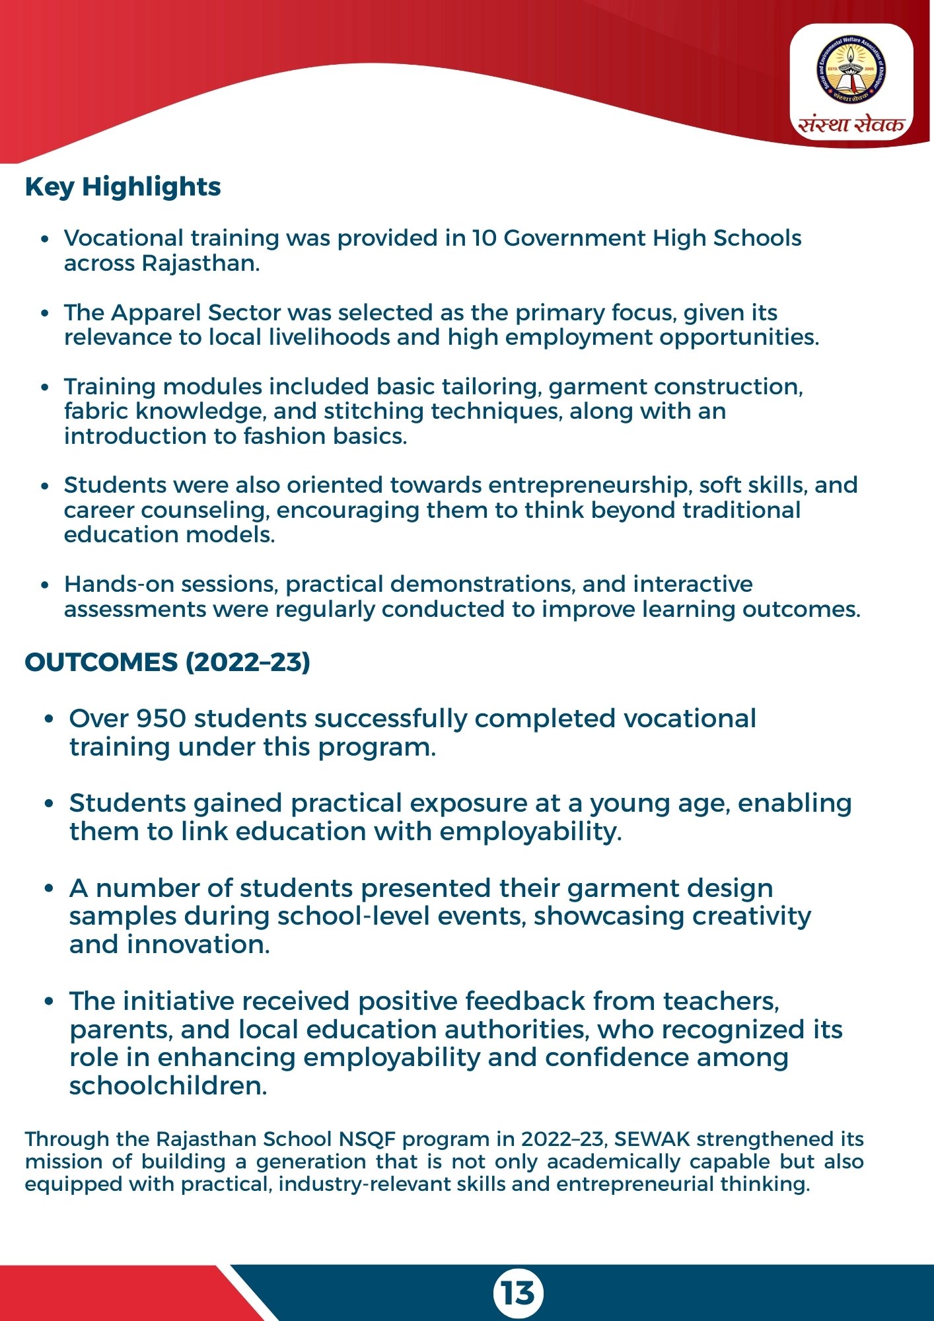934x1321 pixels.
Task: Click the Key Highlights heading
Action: point(123,187)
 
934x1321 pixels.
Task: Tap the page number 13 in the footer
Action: point(518,1293)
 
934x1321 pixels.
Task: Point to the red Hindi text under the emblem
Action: point(851,124)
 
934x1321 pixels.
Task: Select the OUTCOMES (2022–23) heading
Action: point(167,662)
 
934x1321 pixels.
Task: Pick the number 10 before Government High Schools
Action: point(484,238)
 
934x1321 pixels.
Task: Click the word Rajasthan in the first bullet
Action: point(198,263)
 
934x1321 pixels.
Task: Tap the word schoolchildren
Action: point(168,1086)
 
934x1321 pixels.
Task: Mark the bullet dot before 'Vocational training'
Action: point(44,239)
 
